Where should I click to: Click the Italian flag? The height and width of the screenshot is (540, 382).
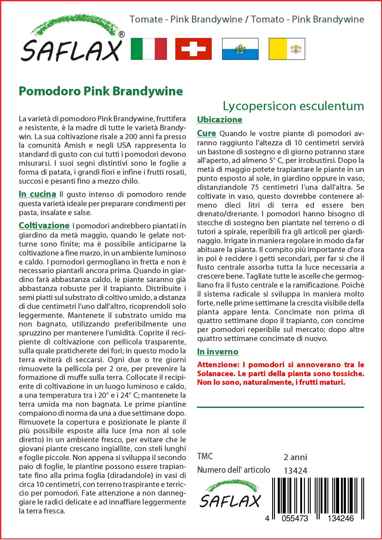point(149,49)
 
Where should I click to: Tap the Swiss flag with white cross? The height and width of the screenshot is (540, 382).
point(193,49)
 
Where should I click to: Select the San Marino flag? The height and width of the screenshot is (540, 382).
point(240,49)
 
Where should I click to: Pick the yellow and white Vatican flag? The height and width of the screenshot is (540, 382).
point(287,49)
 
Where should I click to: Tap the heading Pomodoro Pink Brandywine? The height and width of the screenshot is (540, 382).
point(101,91)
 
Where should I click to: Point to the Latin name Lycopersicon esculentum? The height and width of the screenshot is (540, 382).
point(293,106)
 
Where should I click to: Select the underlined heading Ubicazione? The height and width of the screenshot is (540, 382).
point(220,120)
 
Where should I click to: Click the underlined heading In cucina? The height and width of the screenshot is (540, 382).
point(37,194)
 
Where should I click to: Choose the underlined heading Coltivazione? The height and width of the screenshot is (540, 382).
point(44,225)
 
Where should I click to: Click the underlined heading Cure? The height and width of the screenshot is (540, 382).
point(206,133)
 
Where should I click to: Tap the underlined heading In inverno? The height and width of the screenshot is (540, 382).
point(218,351)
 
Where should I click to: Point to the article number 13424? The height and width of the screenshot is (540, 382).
point(295,471)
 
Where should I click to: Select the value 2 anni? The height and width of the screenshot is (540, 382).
point(295,457)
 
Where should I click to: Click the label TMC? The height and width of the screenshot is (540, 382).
point(205,456)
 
